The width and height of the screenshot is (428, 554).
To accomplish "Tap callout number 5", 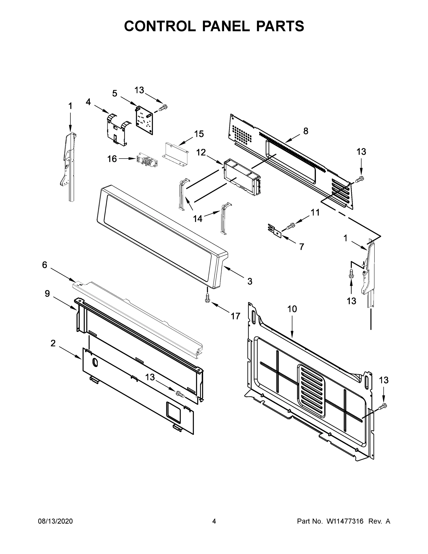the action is (x=115, y=93).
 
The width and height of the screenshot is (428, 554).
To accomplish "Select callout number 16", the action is (x=112, y=159).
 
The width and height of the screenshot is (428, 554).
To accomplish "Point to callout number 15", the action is (x=199, y=134).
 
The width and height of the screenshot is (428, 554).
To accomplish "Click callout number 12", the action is (x=201, y=152).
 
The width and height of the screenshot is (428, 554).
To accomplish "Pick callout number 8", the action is (x=306, y=131).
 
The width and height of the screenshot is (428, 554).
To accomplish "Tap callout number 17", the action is (x=235, y=316).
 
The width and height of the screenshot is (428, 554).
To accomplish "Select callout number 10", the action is (x=292, y=309).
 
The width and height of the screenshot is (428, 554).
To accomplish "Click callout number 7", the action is (x=301, y=247).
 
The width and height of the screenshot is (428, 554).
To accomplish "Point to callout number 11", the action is (x=315, y=213).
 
